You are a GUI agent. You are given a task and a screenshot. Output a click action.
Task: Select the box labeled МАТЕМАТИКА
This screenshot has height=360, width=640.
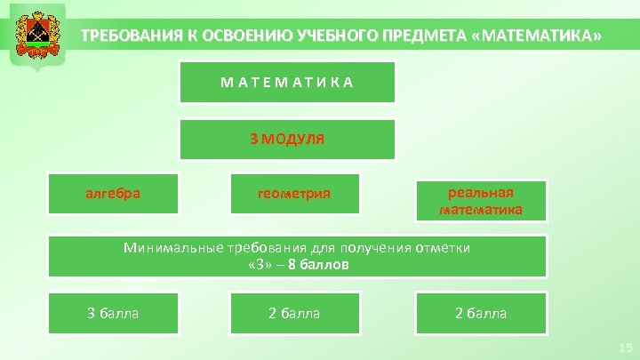point(287,82)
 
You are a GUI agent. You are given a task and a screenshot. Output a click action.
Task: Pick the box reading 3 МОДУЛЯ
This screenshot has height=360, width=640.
point(287,139)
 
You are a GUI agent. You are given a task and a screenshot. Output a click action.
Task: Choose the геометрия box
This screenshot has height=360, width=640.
point(293,194)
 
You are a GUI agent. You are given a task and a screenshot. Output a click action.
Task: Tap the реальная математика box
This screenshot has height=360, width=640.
point(481,201)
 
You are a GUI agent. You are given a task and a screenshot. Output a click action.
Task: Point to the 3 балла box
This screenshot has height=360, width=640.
point(112,313)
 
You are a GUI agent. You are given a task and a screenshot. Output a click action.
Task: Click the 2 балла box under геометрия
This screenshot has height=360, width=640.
point(293,313)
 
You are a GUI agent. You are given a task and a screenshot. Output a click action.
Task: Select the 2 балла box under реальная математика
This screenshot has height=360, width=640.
point(481,313)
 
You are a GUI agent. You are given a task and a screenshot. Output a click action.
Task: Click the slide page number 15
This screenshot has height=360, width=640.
point(625,348)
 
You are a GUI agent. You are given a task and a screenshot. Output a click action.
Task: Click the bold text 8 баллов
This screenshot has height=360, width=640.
point(318,264)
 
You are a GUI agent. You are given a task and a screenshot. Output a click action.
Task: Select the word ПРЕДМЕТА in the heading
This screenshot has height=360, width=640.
point(424,37)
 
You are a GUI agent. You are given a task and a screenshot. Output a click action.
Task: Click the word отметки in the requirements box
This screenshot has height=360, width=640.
point(443,248)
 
